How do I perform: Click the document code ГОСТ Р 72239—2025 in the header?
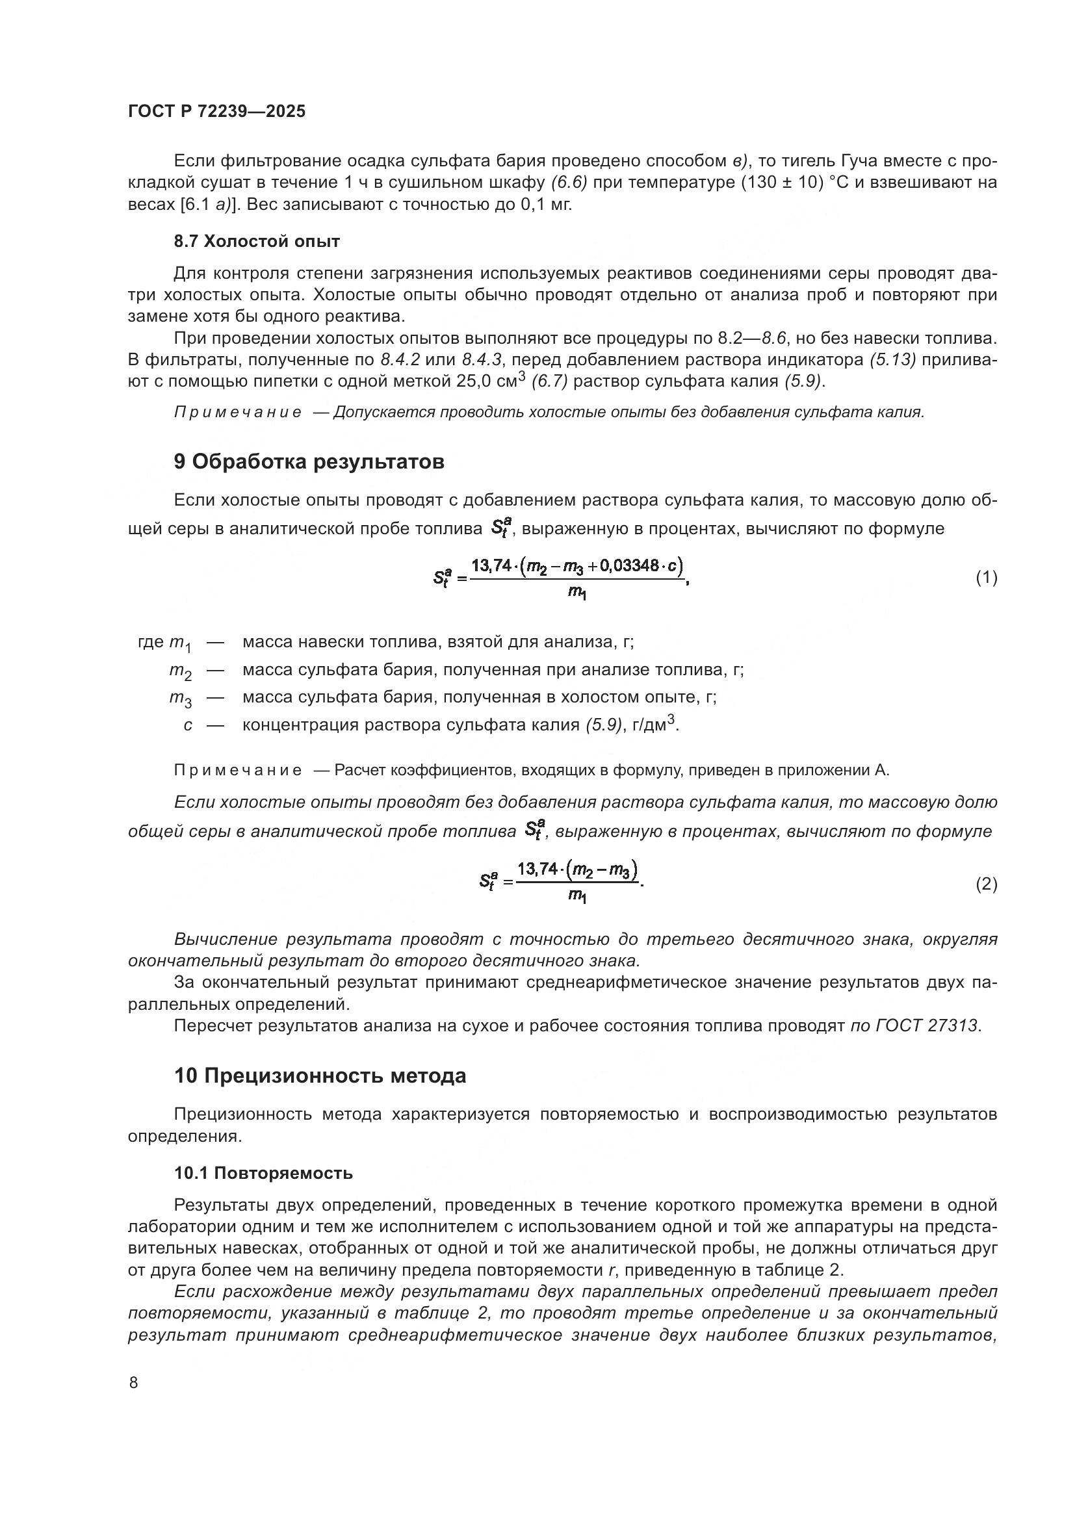point(216,112)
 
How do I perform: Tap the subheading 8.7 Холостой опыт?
point(257,242)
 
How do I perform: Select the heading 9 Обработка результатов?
point(309,462)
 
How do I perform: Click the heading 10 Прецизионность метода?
point(320,1076)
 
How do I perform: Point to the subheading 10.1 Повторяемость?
point(263,1173)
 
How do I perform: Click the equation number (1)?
point(986,578)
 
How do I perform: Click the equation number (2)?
point(986,884)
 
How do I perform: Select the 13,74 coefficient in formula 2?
point(537,869)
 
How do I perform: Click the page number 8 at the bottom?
point(134,1383)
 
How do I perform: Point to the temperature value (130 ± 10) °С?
point(793,183)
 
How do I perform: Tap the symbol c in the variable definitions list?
point(188,726)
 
